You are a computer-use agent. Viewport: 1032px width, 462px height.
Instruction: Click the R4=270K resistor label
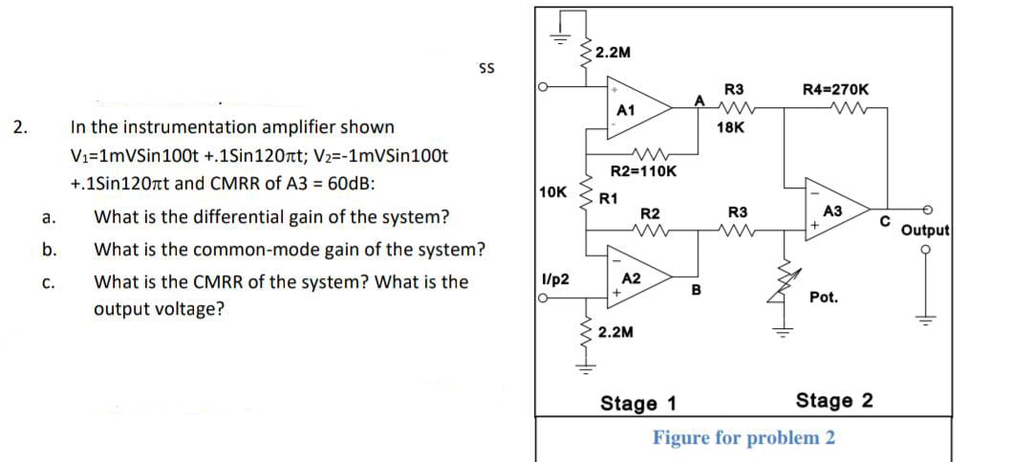[x=836, y=90]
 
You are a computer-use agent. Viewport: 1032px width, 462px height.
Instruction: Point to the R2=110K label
[x=643, y=171]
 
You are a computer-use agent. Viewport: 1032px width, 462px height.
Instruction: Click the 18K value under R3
[x=736, y=126]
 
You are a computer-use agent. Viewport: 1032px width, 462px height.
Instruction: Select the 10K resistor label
[x=551, y=191]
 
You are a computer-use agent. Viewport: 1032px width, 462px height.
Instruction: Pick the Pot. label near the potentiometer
[x=824, y=297]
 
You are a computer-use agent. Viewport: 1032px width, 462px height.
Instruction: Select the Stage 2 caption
[x=834, y=400]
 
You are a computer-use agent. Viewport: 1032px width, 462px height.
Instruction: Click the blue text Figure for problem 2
[x=743, y=438]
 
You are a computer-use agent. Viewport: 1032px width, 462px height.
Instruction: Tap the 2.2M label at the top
[x=612, y=52]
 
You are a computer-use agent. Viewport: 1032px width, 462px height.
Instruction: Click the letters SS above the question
[x=485, y=68]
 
